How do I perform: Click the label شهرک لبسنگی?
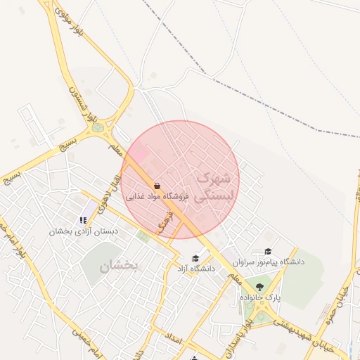(211, 187)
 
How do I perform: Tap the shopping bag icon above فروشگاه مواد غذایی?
(157, 186)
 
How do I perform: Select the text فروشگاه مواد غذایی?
(160, 198)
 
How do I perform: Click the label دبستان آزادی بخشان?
(84, 231)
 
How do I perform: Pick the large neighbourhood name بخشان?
(120, 266)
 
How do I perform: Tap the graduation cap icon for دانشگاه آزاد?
(195, 259)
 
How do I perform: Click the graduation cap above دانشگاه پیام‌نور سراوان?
(267, 251)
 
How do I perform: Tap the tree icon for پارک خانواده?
(259, 287)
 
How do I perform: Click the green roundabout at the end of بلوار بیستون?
(97, 128)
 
